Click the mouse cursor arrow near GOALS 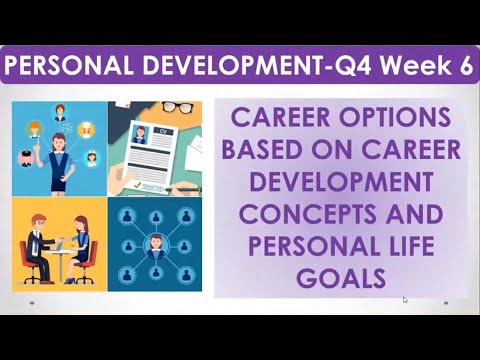(405, 298)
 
